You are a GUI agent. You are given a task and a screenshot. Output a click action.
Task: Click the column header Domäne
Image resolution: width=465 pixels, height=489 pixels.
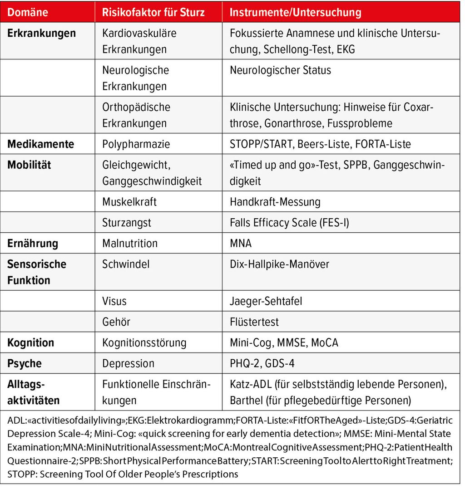[x=28, y=13]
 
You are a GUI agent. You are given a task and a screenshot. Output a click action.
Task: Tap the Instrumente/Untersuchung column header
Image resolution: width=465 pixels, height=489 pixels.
[x=296, y=13]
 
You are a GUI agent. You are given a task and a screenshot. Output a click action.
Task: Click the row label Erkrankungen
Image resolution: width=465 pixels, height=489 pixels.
[x=41, y=34]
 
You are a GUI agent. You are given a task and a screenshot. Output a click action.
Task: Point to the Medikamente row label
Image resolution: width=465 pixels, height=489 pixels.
[x=40, y=144]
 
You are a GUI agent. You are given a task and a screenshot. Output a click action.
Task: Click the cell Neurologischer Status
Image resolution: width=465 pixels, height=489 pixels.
[x=280, y=70]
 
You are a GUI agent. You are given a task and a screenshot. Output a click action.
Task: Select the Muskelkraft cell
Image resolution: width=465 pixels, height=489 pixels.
[x=129, y=201]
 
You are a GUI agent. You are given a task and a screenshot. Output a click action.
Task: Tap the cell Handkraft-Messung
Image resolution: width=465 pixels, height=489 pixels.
[x=275, y=201]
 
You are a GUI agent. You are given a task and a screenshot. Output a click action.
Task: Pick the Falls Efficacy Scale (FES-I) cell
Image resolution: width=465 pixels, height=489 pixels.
[x=289, y=222]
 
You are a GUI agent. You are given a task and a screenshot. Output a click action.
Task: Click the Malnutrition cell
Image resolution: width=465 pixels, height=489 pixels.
[x=130, y=243]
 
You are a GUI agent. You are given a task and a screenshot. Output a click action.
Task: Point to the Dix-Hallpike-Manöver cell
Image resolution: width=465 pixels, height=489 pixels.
[x=280, y=264]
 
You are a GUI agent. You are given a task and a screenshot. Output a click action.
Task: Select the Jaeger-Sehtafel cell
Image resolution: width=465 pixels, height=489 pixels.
[x=266, y=301]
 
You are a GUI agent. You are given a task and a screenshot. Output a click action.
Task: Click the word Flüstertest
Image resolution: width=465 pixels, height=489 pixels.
[x=254, y=322]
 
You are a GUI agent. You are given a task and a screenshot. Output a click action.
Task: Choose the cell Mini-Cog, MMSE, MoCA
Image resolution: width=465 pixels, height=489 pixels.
[x=284, y=342]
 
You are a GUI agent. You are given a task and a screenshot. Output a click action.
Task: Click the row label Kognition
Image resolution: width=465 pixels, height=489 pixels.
[x=30, y=342]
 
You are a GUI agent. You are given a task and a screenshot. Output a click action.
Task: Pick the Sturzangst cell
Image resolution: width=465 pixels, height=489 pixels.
[x=127, y=222]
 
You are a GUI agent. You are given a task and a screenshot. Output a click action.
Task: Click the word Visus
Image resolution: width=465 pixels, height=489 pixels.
[x=114, y=301]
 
